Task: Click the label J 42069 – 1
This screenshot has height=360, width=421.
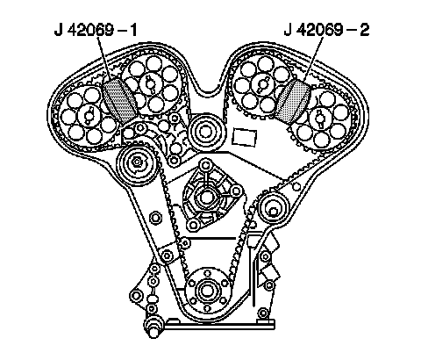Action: click(x=96, y=31)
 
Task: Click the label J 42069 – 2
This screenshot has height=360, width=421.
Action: click(x=326, y=31)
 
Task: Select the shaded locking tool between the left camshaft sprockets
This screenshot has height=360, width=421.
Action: click(x=119, y=100)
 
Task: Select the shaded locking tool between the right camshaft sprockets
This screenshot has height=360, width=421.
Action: click(x=292, y=101)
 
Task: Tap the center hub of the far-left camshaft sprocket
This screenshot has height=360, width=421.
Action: click(x=89, y=116)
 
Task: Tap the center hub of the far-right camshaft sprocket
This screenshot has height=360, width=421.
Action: click(x=321, y=118)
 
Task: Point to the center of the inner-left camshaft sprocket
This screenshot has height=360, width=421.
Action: click(x=150, y=84)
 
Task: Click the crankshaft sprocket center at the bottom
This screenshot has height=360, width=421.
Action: click(x=207, y=291)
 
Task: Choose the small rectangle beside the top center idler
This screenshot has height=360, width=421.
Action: click(x=245, y=137)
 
